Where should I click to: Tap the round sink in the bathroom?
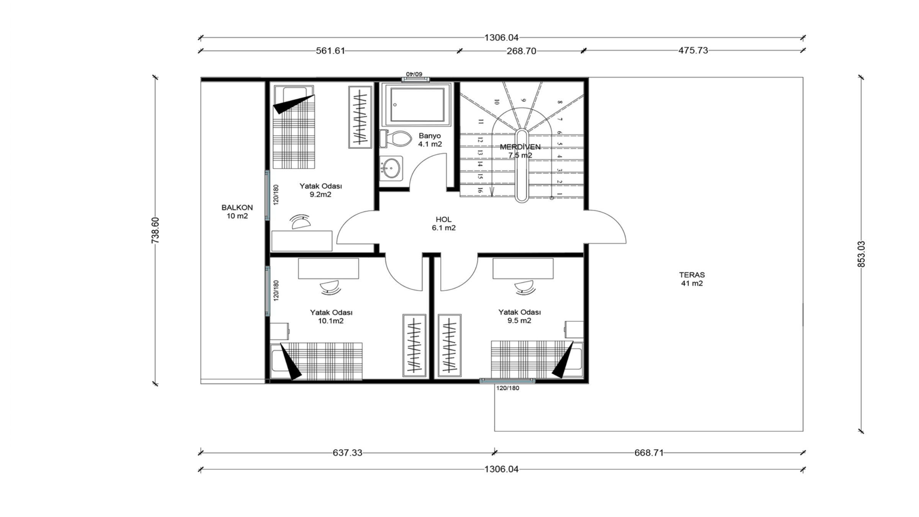point(391,168)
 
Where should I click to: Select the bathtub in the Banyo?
point(417,105)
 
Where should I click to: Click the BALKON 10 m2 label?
point(237,212)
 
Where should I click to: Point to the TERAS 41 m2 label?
point(692,279)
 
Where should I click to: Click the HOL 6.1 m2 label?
point(443,224)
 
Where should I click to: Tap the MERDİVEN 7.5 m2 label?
point(520,151)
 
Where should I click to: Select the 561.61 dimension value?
point(330,51)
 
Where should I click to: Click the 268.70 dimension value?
point(521,51)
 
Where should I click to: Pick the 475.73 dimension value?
point(693,50)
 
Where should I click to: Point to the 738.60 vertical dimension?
point(155,231)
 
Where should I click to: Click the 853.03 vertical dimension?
point(861,254)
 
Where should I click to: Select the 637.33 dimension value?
point(347,453)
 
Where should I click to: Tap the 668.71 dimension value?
point(649,453)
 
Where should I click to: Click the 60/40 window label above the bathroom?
point(414,74)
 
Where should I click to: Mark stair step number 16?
point(480,190)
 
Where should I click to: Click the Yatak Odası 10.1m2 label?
point(331,317)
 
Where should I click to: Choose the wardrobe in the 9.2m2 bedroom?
point(360,117)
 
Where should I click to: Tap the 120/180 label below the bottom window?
point(508,388)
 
